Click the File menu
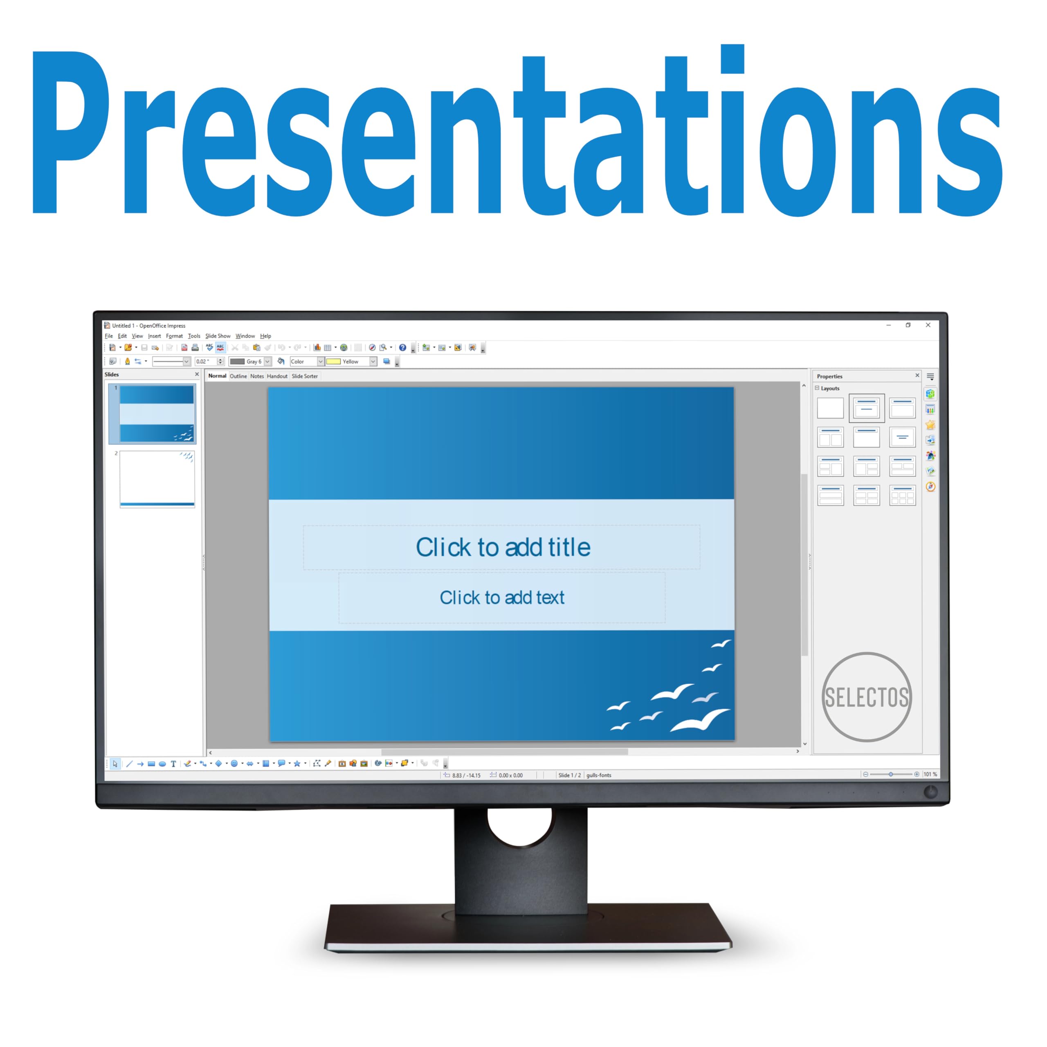109,336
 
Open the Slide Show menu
218,336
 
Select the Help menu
265,336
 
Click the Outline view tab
238,376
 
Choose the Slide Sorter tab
305,376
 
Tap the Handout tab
277,376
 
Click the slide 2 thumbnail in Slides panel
157,479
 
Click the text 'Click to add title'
503,547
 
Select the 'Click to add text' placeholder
502,597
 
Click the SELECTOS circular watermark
867,697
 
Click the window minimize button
889,325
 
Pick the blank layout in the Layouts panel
830,408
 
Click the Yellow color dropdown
351,362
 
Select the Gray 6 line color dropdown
250,362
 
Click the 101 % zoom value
930,774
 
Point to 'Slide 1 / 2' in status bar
569,775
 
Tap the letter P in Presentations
70,133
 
